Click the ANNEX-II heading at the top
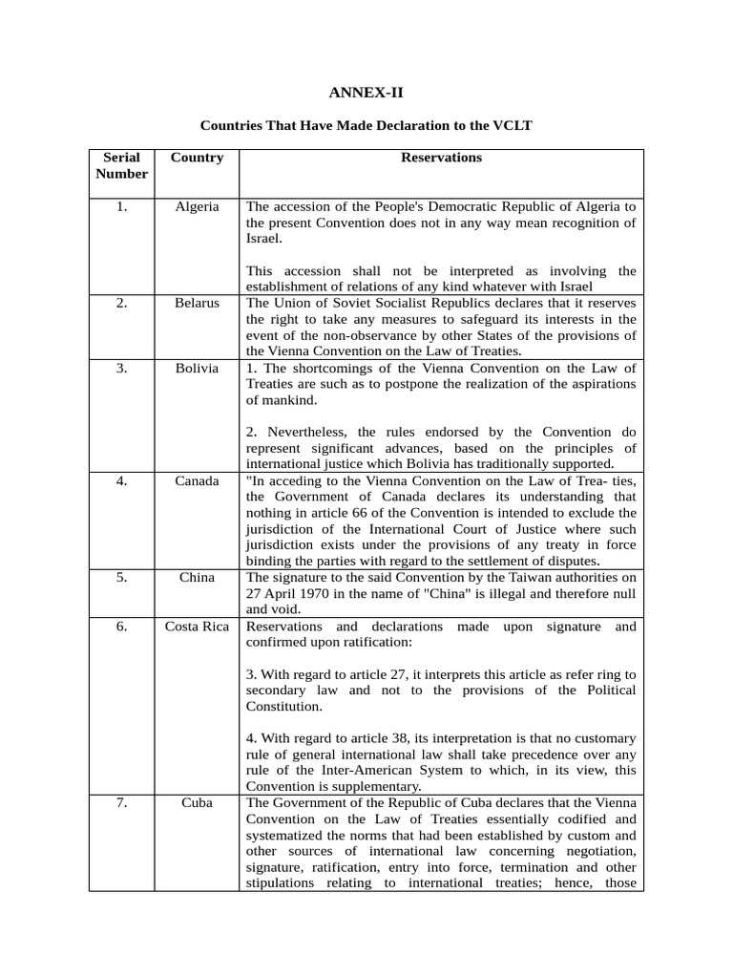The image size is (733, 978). coord(366,93)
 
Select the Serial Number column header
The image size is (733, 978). coord(122,165)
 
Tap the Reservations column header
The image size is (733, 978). coord(441,158)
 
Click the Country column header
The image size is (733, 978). coord(197,158)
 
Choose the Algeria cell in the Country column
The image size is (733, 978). coord(197,206)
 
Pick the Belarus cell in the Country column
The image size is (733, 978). coord(197,303)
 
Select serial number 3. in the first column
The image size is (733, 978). coord(122,368)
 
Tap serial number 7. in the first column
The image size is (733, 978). coord(122,802)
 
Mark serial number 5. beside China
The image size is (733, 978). coord(122,577)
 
